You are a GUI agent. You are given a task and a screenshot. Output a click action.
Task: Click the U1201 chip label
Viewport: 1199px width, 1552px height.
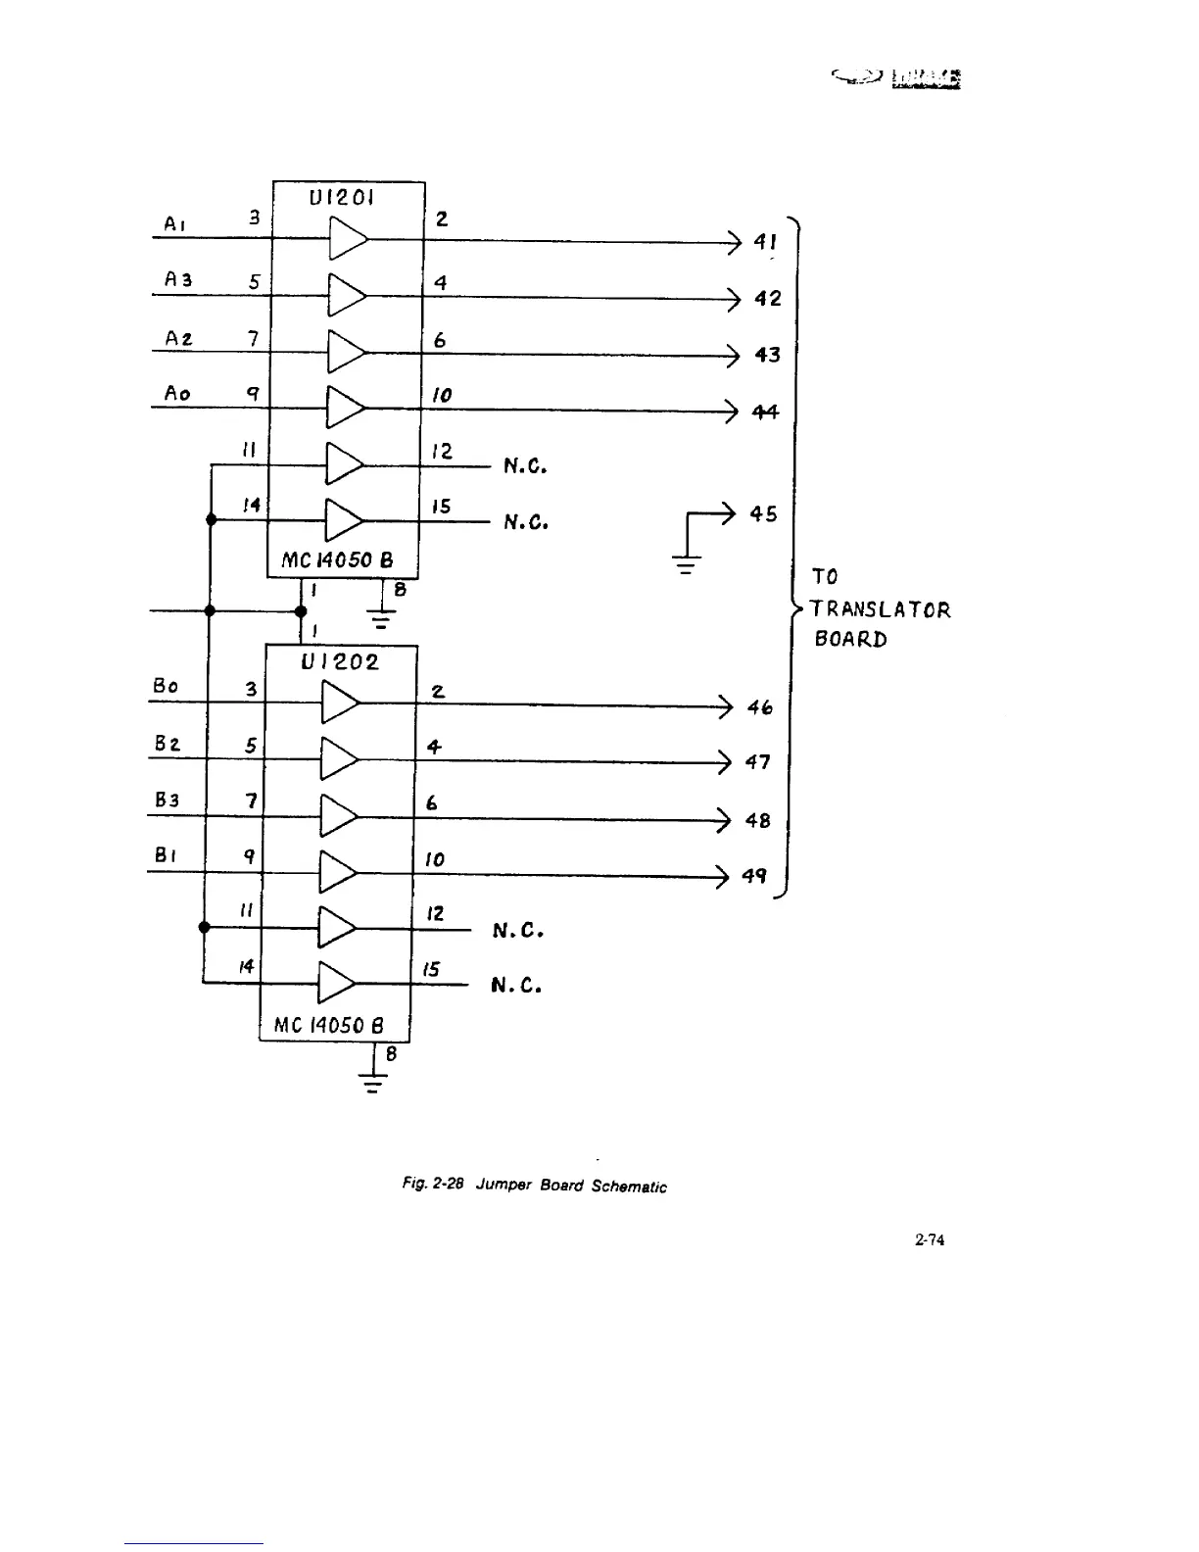[x=341, y=197]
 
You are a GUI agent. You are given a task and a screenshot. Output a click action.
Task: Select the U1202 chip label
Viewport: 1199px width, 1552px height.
[x=339, y=661]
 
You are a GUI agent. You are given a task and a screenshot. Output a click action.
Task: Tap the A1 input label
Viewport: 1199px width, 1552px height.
[x=174, y=224]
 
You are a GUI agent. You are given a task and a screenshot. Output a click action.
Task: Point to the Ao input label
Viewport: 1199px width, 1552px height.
[x=176, y=394]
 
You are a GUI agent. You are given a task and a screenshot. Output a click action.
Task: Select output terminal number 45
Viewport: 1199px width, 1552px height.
[x=763, y=513]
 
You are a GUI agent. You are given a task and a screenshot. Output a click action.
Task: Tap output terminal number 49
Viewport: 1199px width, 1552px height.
[x=753, y=876]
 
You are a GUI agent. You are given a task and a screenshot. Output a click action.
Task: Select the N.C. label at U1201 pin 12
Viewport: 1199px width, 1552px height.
[x=524, y=466]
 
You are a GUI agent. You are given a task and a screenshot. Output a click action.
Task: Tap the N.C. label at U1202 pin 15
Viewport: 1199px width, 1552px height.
[x=516, y=984]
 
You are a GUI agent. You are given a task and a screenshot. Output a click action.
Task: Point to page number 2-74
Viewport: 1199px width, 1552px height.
[x=929, y=1240]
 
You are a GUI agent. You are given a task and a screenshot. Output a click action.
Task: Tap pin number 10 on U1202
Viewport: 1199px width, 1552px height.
[x=434, y=859]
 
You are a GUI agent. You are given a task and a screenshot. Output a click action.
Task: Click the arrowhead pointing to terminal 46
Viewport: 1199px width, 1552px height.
[x=725, y=705]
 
